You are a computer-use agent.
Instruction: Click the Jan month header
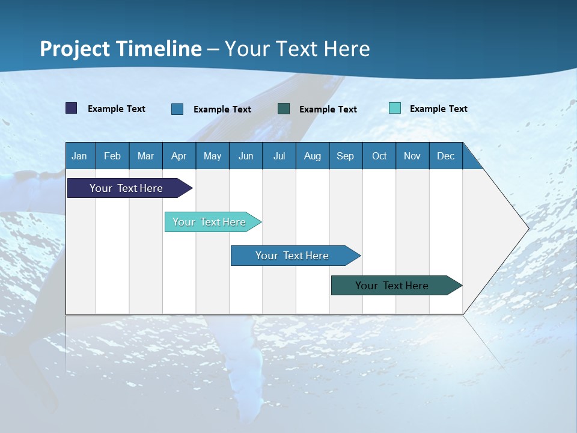coord(80,156)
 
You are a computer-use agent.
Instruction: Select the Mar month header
coord(145,156)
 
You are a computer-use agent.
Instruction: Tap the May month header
coord(212,156)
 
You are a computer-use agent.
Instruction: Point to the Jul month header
coord(279,156)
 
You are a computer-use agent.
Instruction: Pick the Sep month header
coord(345,156)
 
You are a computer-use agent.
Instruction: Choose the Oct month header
coord(379,156)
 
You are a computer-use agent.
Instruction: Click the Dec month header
coord(445,156)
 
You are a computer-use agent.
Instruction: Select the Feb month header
coord(112,156)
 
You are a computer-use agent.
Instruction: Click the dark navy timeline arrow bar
coord(126,188)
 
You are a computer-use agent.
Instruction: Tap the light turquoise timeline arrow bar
coord(209,222)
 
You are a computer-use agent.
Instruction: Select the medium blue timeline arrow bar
coord(292,256)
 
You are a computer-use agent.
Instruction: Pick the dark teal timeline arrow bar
coord(392,286)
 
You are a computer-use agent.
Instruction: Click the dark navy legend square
coord(72,108)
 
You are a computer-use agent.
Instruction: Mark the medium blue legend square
coord(177,109)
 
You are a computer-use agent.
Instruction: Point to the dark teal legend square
coord(284,108)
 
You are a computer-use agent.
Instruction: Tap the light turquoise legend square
coord(395,108)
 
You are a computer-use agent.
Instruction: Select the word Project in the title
coord(75,49)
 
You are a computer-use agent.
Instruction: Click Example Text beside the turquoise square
coord(438,109)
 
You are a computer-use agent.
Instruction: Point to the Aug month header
coord(312,156)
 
